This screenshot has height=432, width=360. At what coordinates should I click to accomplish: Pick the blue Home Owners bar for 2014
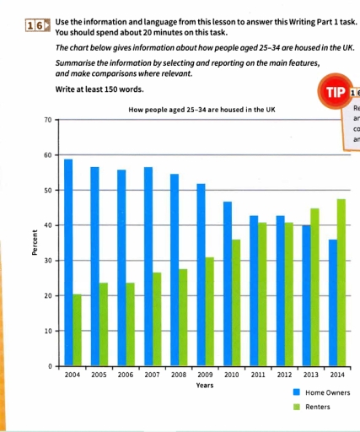[x=333, y=303]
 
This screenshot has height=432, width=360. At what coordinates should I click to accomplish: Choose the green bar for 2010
[x=236, y=303]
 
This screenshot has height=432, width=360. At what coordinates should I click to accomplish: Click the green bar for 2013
[x=315, y=287]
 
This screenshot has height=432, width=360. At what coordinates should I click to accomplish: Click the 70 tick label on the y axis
[x=47, y=120]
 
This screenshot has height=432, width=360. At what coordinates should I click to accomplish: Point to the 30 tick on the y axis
[x=47, y=261]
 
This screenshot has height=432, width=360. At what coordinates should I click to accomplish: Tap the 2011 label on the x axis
[x=258, y=374]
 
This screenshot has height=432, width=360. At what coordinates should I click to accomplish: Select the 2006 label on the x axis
[x=126, y=374]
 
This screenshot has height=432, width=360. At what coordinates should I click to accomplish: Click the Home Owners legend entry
[x=321, y=393]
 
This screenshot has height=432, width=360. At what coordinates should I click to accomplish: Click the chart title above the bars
[x=200, y=111]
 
